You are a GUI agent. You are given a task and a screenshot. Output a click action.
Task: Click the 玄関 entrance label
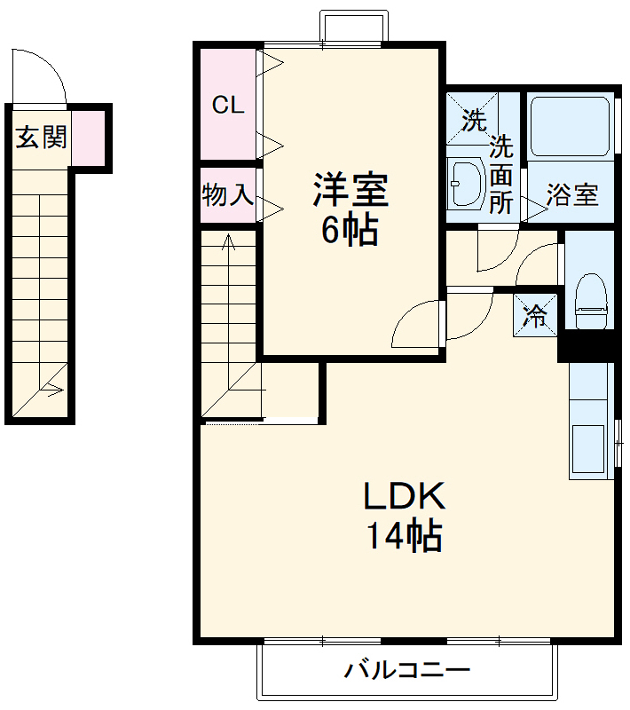point(42,137)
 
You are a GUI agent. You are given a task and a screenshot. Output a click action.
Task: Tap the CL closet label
point(227,105)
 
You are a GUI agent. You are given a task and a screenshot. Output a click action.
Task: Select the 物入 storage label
point(227,194)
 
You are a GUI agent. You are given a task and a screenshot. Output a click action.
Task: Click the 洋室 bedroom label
point(350,189)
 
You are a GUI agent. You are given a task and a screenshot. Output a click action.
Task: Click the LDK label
point(405,496)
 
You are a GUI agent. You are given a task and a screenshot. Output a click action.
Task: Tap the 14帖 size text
point(405,535)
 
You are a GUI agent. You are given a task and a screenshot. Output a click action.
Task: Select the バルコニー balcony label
point(407,669)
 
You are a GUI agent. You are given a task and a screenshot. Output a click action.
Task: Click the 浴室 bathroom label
point(571,194)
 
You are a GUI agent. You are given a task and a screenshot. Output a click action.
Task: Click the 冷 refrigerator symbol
point(535,314)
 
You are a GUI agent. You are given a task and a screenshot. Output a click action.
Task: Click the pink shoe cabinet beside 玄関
point(89,138)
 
